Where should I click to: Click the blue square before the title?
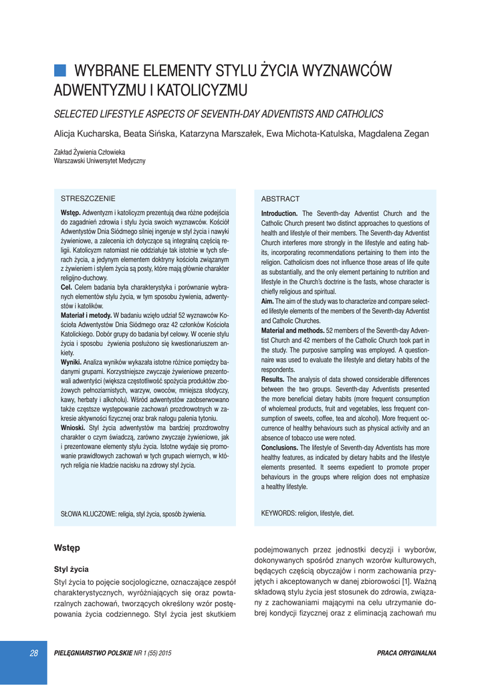tap(59, 70)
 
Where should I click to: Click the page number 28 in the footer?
tap(33, 653)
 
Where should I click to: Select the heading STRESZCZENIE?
tap(88, 199)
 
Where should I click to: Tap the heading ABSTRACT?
tap(280, 199)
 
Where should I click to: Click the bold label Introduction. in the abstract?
tap(279, 213)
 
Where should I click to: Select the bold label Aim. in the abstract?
tap(267, 302)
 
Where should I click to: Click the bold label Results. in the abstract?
tap(273, 379)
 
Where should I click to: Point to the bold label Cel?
tap(67, 286)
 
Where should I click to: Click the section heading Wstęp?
tap(67, 548)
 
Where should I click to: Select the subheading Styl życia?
tap(71, 569)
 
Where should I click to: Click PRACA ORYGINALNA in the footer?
tap(406, 653)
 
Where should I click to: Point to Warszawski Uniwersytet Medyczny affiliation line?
tap(100, 161)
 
